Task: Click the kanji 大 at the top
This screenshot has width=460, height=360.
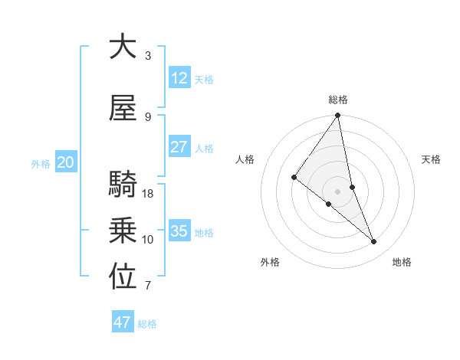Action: tap(123, 47)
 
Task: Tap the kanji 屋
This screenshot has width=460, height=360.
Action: tap(123, 109)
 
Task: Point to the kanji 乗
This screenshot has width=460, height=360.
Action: tap(123, 231)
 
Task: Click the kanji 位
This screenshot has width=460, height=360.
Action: tap(123, 277)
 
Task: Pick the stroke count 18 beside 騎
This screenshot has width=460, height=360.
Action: tap(149, 193)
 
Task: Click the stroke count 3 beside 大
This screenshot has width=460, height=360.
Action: tap(148, 55)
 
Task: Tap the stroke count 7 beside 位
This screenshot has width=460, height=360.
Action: tap(148, 286)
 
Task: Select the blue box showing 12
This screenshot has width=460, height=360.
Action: tap(179, 78)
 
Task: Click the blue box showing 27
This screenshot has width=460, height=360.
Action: tap(179, 147)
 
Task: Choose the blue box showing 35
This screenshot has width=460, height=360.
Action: tap(179, 231)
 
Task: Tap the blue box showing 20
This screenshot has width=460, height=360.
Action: tap(66, 162)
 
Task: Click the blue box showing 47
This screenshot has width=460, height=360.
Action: tap(123, 322)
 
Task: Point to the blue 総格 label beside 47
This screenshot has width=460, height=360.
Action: tap(148, 324)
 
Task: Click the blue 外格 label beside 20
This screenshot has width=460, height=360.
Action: tap(41, 164)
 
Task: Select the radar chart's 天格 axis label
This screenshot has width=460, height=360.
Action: tap(432, 159)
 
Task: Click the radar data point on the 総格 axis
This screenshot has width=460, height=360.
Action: tap(337, 116)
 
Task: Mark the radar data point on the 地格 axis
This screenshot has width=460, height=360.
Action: tap(373, 241)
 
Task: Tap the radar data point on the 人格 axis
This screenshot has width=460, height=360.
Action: tap(294, 177)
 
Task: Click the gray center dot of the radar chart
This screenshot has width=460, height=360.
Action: tap(337, 191)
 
